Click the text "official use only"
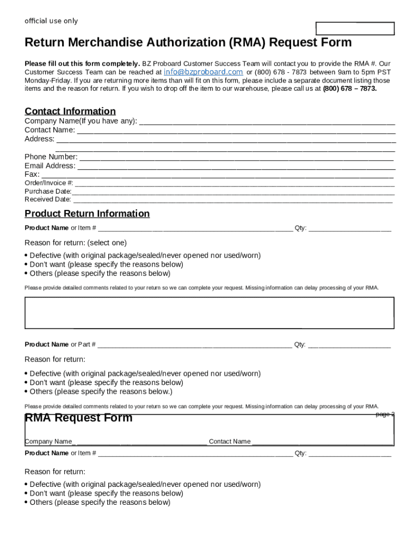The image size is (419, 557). point(51,21)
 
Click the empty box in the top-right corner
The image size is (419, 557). point(355,29)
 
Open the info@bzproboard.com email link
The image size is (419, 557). point(203,72)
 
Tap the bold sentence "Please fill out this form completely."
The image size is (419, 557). point(82,64)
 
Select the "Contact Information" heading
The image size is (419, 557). point(70,112)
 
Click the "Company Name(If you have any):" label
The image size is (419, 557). point(81,121)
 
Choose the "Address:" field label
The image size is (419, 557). point(39,139)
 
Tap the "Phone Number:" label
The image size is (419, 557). point(51,157)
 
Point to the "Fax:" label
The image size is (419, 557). point(32,174)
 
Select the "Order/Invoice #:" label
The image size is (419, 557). point(49,183)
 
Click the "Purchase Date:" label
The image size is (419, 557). point(48,191)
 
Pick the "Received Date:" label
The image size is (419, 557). point(48,199)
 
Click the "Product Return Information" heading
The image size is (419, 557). point(87,214)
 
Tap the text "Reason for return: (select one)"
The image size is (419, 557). point(76,243)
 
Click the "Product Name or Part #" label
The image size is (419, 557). point(60,344)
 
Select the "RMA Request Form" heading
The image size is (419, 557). point(78,418)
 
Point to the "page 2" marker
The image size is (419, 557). point(384,414)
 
